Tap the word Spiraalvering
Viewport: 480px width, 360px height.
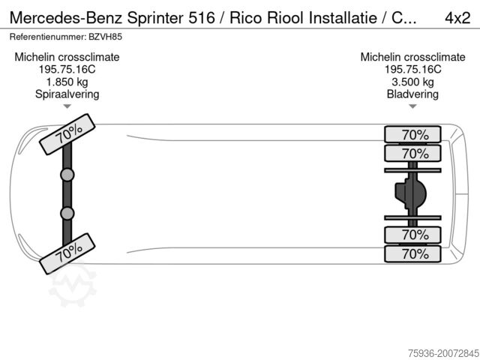tap(67, 94)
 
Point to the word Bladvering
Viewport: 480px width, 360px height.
tap(412, 94)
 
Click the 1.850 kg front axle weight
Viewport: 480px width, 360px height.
tap(67, 82)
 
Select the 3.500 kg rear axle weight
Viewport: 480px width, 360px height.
tap(412, 82)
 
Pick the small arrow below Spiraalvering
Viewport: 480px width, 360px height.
tap(67, 107)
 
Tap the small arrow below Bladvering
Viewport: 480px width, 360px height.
tap(412, 107)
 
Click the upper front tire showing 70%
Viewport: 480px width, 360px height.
tap(67, 136)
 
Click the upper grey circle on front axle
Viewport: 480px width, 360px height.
tap(67, 175)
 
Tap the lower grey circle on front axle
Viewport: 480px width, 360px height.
tap(67, 214)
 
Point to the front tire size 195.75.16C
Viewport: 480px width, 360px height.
tap(67, 69)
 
